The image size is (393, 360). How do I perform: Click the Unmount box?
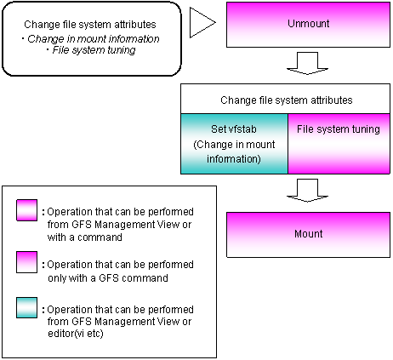[x=308, y=25]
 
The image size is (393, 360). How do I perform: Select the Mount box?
[x=308, y=235]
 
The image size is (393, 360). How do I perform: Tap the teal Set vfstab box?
[x=234, y=144]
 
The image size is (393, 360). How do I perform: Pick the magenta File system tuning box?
[x=339, y=144]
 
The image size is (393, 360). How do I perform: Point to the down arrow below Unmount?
[x=308, y=63]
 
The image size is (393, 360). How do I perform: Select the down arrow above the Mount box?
[x=308, y=191]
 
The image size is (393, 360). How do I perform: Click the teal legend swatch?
[x=26, y=307]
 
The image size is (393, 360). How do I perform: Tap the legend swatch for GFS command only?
[x=26, y=262]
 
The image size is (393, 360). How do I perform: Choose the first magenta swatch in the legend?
[x=26, y=210]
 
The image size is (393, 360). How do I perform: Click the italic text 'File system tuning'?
[x=94, y=50]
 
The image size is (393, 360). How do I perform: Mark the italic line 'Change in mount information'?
[x=94, y=39]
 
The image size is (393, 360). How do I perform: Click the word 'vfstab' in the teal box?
[x=242, y=129]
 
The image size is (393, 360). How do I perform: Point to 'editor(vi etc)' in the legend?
[x=76, y=334]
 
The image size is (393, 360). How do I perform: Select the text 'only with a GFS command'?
[x=108, y=278]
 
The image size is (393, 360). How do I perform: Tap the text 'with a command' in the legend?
[x=85, y=237]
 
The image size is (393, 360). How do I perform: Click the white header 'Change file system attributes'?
[x=287, y=100]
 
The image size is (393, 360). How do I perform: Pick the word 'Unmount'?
[x=309, y=24]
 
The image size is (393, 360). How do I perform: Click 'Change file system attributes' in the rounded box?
[x=90, y=25]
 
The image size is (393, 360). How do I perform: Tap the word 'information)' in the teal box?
[x=234, y=159]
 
